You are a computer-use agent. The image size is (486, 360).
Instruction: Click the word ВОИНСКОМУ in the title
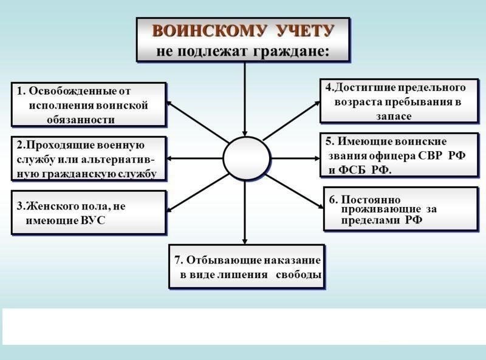point(210,31)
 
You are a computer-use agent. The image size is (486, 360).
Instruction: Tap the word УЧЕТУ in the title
point(306,31)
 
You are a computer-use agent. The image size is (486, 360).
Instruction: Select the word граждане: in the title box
point(291,52)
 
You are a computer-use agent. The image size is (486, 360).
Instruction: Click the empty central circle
point(247,158)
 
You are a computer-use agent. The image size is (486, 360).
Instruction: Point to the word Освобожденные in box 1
point(73,91)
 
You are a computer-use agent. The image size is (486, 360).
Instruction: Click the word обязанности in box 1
point(81,120)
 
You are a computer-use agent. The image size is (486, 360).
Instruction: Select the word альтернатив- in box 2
point(117,160)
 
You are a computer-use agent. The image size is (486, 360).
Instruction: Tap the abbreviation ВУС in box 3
point(93,220)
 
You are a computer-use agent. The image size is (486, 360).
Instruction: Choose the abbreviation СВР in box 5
point(430,155)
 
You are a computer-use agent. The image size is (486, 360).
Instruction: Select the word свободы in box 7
point(298,275)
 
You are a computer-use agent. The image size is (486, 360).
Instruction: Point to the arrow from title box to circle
point(245,99)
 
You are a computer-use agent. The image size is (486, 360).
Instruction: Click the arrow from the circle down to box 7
point(245,212)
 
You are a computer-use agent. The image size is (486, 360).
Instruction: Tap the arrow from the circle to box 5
point(295,158)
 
